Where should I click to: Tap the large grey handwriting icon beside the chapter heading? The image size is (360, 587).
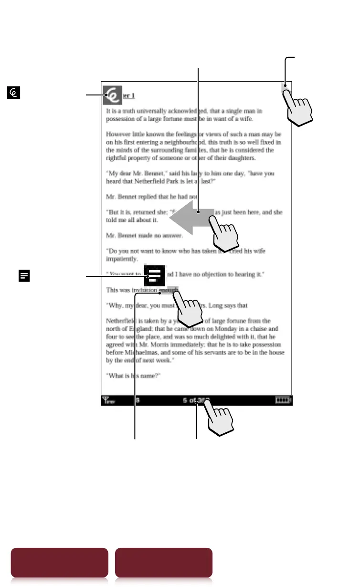[113, 95]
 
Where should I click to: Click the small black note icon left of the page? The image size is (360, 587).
[24, 275]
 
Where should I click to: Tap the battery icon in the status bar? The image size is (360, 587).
[283, 400]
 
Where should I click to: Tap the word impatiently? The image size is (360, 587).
[122, 259]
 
